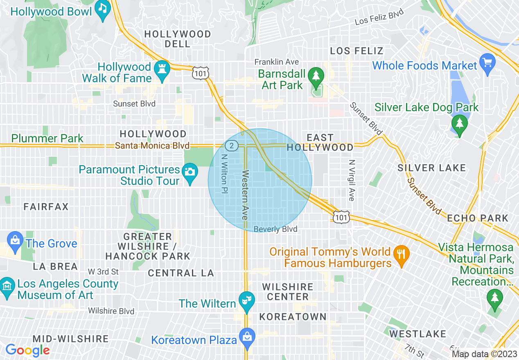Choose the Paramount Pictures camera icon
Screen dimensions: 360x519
190,171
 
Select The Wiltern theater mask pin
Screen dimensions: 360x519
246,300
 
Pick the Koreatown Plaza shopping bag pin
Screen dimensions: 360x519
247,337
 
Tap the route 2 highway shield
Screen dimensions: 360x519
232,145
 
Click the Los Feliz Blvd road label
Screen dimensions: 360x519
379,16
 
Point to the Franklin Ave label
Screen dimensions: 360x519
276,62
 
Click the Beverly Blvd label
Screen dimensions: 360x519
275,229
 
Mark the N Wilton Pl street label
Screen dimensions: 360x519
224,173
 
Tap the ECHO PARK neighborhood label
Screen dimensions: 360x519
478,218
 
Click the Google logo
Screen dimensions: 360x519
27,350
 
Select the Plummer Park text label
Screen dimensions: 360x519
47,139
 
